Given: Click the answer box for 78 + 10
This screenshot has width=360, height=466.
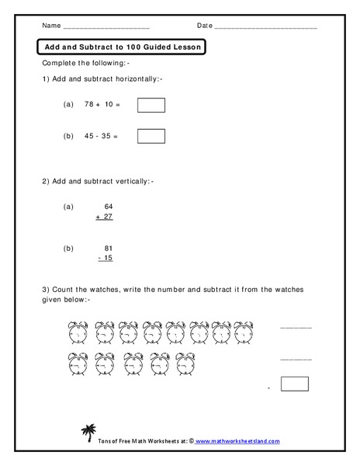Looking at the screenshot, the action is coord(151,105).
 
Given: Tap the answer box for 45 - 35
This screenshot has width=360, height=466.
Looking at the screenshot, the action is coord(151,136).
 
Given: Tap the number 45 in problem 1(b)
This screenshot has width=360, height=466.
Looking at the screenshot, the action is coord(92,136).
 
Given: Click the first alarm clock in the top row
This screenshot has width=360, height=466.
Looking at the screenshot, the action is coord(78,332).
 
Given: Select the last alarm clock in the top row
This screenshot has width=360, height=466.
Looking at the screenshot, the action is coord(244,332).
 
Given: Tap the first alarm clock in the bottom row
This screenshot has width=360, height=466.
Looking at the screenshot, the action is coord(78,363).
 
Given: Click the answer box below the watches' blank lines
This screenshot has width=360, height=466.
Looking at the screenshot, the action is coord(294,384).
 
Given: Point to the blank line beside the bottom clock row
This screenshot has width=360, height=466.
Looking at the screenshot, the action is coord(296,359).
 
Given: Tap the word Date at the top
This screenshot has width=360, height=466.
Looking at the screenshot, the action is coord(205,26).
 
